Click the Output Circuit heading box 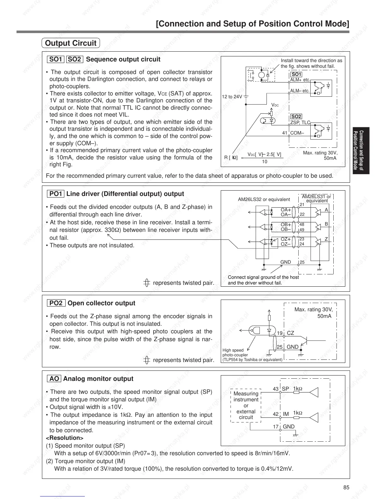(x=71, y=43)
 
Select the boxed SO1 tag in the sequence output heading (x=56, y=60)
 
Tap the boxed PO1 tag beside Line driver (x=56, y=194)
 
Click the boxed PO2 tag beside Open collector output (x=56, y=303)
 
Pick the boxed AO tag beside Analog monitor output (x=54, y=379)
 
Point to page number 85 (x=346, y=488)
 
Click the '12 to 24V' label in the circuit (x=232, y=97)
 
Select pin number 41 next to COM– (x=285, y=133)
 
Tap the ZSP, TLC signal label (x=300, y=123)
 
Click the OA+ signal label (x=286, y=209)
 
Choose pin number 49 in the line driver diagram (x=302, y=230)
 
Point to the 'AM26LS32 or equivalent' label (x=264, y=199)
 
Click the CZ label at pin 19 (x=290, y=333)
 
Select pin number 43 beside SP (x=276, y=389)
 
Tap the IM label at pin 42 (x=286, y=414)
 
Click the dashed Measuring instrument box (x=246, y=405)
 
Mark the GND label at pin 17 (x=289, y=427)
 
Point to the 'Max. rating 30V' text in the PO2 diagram (x=313, y=310)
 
